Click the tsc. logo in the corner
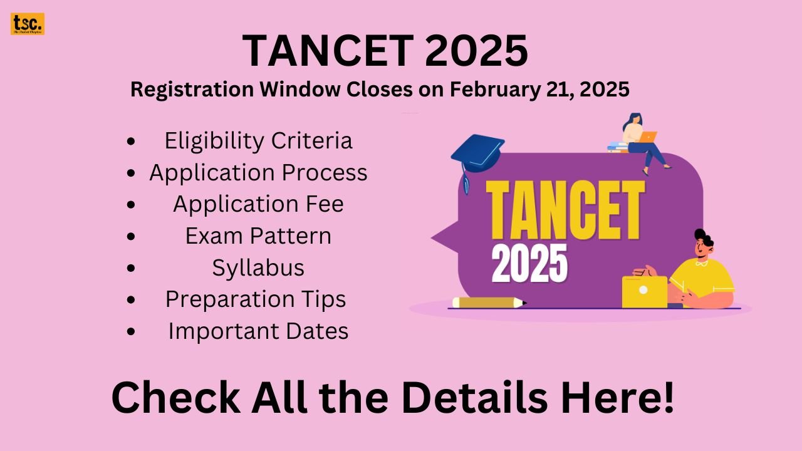[x=27, y=24]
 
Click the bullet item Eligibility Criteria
[x=258, y=141]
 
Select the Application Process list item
[x=258, y=173]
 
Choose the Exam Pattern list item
[x=258, y=236]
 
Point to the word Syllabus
[x=258, y=268]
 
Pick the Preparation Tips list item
[x=256, y=299]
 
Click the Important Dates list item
[x=258, y=331]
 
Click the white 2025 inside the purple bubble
[x=529, y=262]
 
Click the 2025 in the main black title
[x=476, y=51]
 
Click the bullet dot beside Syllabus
[x=130, y=268]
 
